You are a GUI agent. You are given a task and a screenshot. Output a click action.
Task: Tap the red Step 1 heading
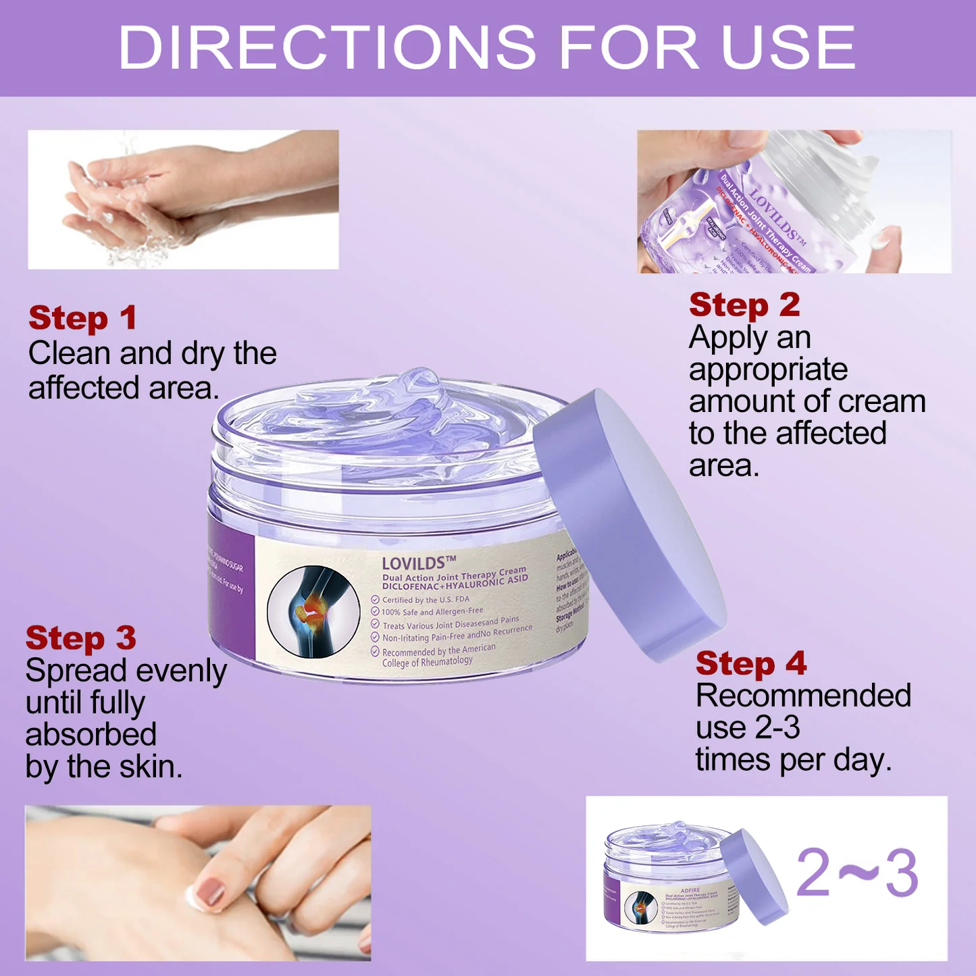tap(82, 318)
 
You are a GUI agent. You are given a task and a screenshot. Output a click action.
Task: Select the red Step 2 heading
tap(744, 305)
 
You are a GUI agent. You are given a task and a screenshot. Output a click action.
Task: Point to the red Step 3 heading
tap(80, 638)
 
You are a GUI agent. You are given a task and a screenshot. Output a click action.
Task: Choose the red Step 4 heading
tap(751, 663)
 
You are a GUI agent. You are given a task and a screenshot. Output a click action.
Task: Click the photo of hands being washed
tap(182, 199)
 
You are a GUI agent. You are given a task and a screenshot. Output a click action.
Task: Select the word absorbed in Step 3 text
tap(91, 734)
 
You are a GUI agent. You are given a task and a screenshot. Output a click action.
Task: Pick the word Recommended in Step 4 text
tap(803, 696)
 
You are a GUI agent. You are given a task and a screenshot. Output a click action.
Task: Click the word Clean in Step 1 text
tap(70, 353)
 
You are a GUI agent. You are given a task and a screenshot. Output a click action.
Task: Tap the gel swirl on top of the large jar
tap(399, 409)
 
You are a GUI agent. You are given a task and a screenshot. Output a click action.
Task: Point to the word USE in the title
tap(788, 47)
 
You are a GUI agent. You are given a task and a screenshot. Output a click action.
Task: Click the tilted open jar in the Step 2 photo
tap(763, 209)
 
